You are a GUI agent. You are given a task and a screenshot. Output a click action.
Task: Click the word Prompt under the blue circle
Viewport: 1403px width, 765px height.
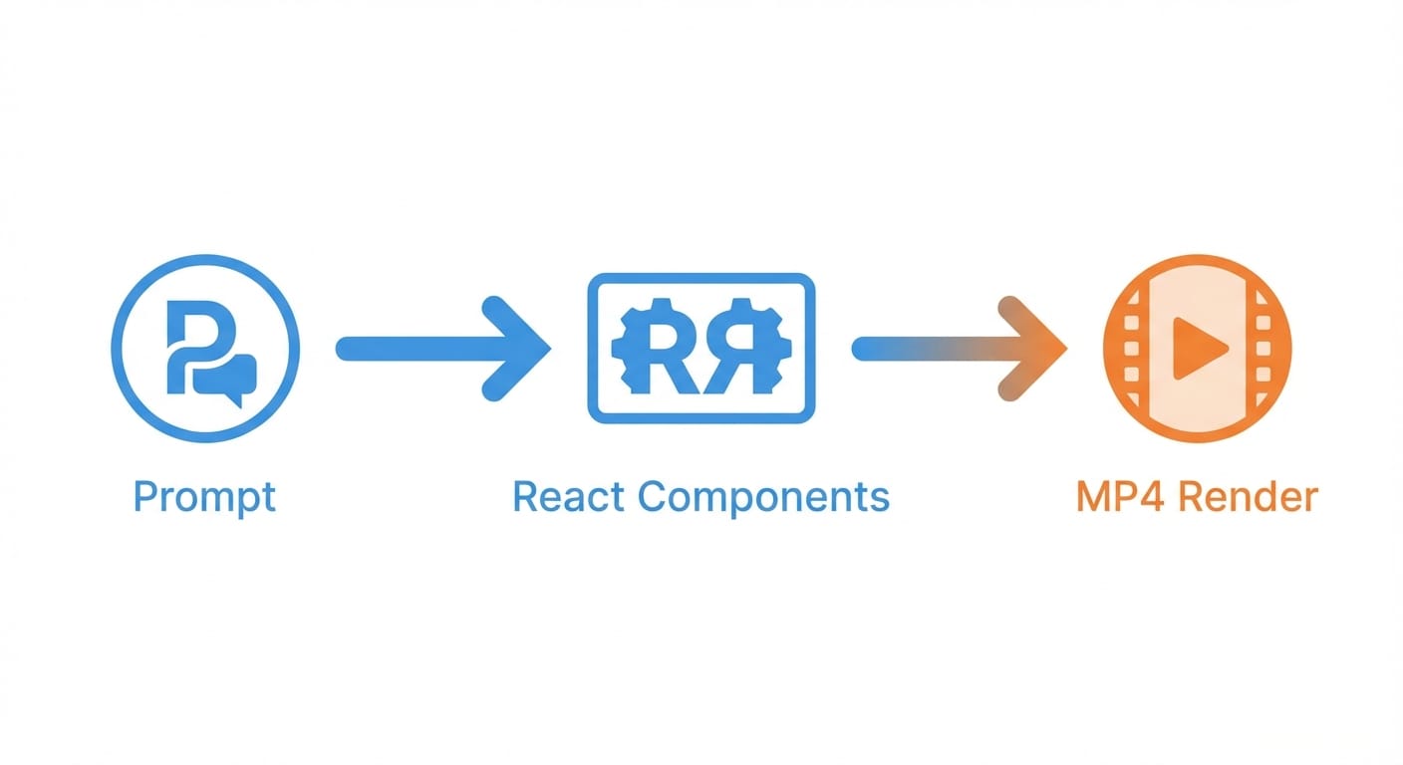[204, 496]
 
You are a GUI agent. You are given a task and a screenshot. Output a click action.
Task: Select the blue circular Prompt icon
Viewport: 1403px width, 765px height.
[205, 349]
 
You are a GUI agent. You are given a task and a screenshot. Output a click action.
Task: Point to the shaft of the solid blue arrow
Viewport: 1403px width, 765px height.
[419, 349]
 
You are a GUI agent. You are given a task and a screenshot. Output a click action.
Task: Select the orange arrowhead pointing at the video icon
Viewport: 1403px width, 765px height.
[1036, 349]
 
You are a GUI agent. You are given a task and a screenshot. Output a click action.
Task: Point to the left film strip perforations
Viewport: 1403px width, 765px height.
[1131, 349]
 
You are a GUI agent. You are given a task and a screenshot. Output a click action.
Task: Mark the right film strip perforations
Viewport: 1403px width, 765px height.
[1264, 349]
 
